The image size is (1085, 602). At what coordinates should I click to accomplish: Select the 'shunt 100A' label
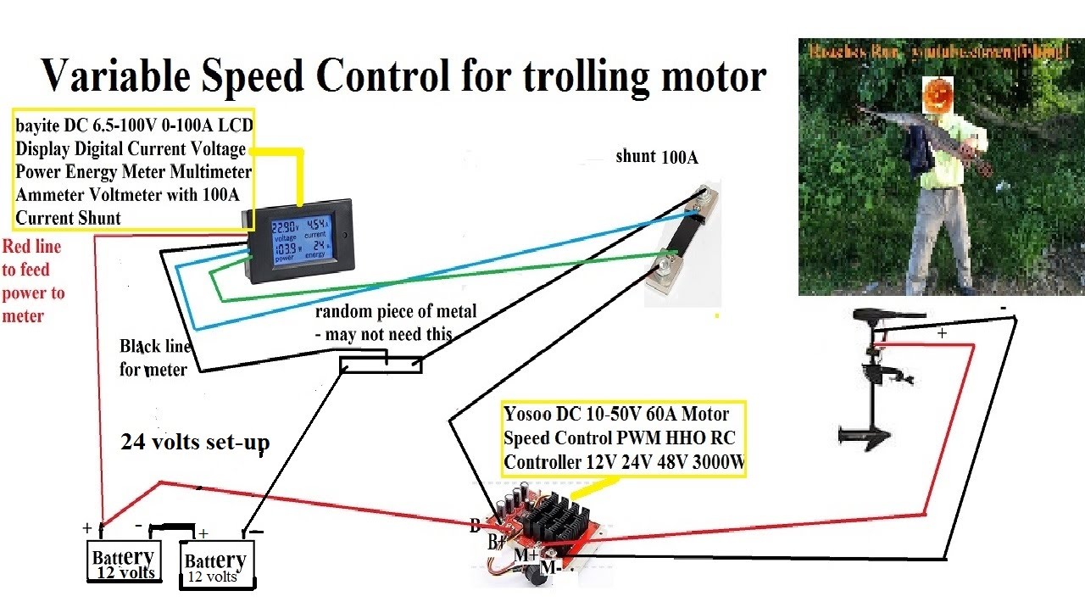coord(658,157)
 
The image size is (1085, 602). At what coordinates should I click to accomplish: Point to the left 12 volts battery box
coord(124,560)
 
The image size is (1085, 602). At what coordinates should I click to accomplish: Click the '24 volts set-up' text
coord(195,442)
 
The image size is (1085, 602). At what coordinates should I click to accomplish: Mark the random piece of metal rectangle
coord(381,365)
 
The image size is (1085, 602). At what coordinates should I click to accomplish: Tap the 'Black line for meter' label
coord(154,357)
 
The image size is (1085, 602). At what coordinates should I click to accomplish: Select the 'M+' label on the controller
coord(526,555)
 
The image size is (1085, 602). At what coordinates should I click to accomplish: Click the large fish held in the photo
coord(924,136)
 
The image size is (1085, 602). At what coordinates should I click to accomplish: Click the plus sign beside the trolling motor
coord(942,334)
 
